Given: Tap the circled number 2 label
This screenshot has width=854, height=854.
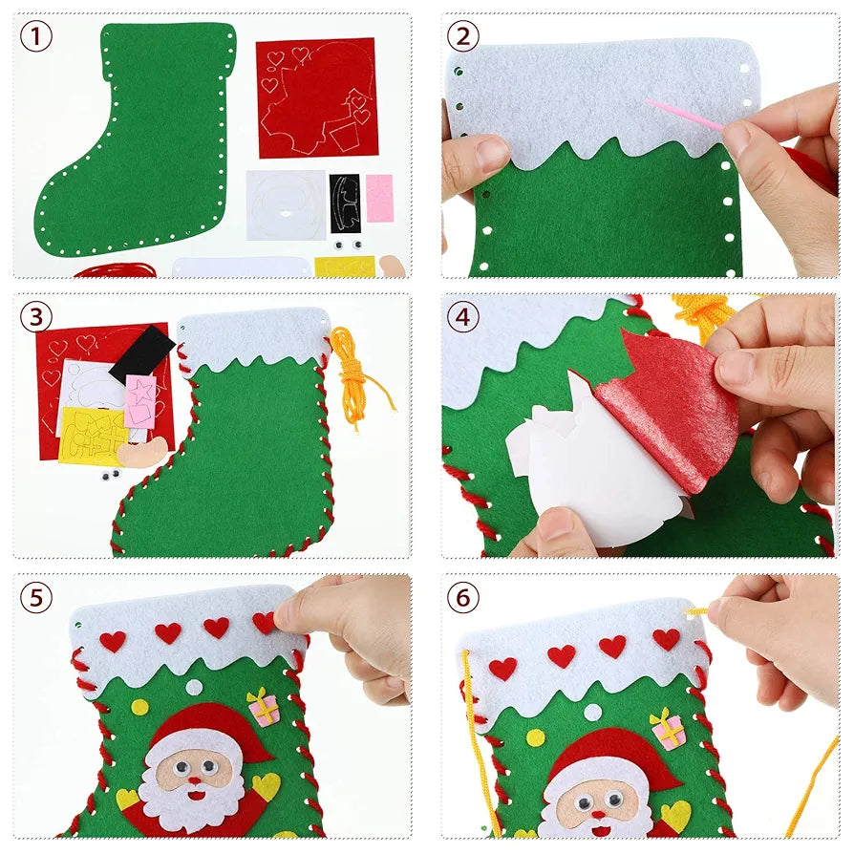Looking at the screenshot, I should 463,37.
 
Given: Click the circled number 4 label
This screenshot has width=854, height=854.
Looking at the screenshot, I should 463,317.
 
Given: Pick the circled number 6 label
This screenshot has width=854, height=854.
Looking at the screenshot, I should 463,598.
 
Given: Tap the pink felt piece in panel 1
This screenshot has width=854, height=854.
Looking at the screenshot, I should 379,198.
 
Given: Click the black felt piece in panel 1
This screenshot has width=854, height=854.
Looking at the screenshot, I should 345,203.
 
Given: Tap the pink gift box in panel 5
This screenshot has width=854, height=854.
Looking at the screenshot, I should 263,708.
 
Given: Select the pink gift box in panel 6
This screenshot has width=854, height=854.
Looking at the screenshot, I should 668,729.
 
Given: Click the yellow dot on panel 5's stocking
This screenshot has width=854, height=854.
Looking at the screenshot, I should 140,708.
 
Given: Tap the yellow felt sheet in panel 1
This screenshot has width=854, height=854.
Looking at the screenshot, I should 344,267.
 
